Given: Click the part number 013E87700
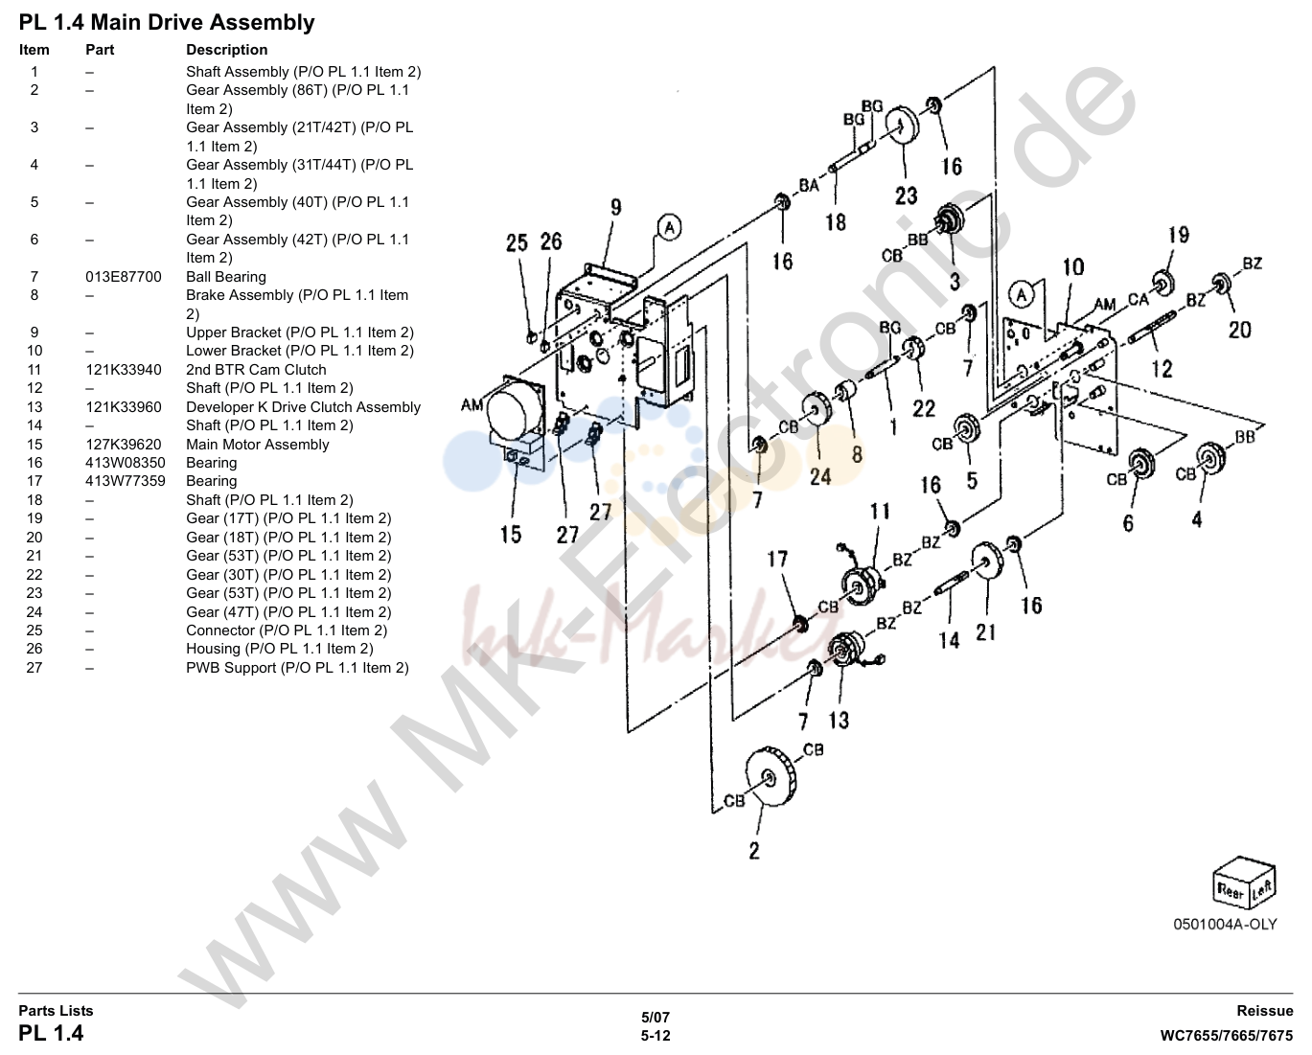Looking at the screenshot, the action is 124,277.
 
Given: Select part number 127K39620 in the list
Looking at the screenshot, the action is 124,445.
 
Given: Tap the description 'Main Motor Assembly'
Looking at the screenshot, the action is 257,445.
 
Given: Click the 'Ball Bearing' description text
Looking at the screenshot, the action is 226,277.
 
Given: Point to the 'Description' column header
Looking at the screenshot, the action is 227,50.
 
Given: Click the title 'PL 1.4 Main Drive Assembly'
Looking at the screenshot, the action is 167,23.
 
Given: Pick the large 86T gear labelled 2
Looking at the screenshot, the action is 771,776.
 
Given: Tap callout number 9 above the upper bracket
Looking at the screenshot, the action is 616,208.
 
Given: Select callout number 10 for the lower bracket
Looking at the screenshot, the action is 1073,267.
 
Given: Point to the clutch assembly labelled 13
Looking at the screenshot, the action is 847,650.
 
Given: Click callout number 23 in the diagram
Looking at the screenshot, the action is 906,195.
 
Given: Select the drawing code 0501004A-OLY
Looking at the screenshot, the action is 1225,925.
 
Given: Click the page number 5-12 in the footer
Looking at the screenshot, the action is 656,1036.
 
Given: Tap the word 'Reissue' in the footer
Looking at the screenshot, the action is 1264,1011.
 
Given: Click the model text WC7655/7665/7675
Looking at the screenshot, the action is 1226,1036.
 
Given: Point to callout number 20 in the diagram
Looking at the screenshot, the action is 1239,331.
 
